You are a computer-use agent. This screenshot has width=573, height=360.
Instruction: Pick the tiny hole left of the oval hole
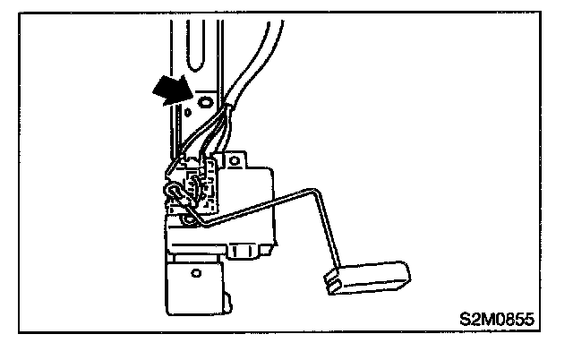pyautogui.click(x=189, y=113)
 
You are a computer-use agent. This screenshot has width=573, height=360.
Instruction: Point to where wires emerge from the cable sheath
pyautogui.click(x=229, y=112)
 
